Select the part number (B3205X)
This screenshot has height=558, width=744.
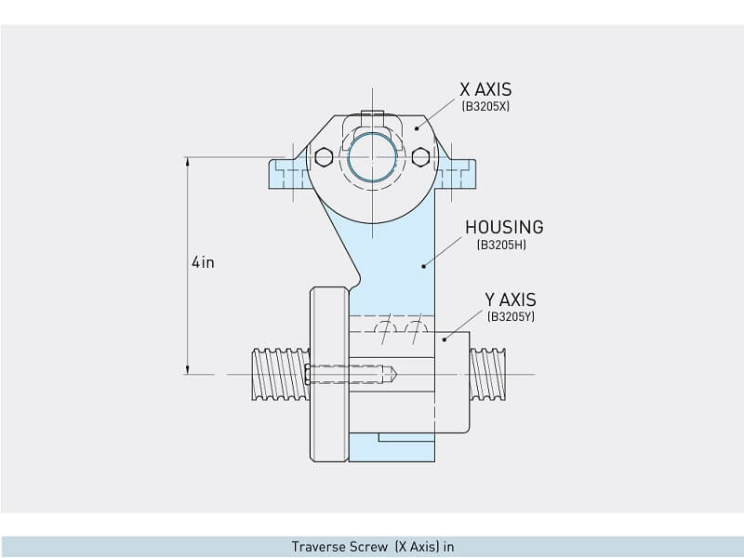[485, 107]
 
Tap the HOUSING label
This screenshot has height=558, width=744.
[504, 227]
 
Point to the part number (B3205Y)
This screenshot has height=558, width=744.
[511, 317]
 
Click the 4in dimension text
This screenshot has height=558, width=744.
[203, 262]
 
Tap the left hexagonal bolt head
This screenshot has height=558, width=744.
[323, 156]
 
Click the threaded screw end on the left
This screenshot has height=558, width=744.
[278, 374]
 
